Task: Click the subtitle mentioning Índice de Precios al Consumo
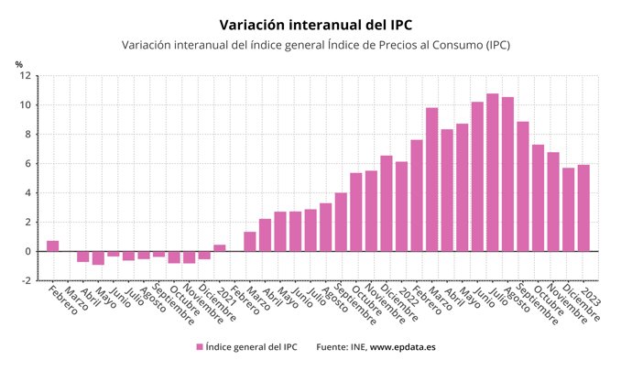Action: tap(315, 45)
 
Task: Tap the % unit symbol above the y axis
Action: tap(18, 63)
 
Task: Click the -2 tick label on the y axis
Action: tap(26, 281)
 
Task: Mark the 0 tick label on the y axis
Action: tap(28, 252)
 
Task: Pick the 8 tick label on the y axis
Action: tap(28, 135)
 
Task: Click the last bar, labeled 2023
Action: tap(583, 208)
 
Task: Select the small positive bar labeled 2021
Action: tap(220, 247)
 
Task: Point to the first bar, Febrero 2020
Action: tap(53, 246)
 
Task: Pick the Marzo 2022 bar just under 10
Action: tap(431, 180)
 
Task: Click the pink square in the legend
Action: tap(199, 347)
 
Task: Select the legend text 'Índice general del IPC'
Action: tap(252, 347)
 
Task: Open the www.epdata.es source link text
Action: tap(403, 347)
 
